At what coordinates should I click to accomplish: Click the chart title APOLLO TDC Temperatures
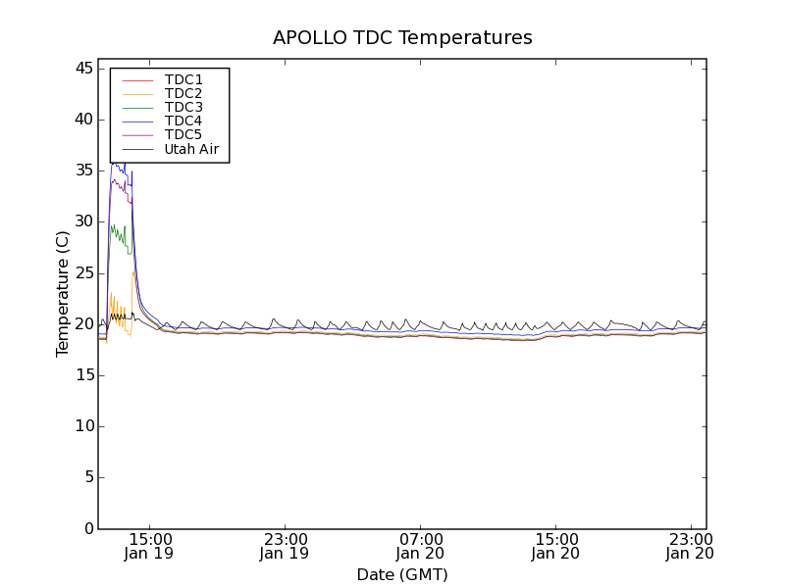402,38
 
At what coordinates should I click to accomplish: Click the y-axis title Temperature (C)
63,294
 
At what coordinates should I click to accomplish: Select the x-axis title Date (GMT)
402,574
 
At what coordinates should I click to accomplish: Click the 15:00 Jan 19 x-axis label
150,546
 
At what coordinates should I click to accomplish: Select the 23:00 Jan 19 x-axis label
285,546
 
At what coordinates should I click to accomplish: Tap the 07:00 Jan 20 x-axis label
420,546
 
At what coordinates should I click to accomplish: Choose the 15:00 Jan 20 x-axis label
555,546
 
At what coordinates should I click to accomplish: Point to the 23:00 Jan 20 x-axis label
690,546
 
